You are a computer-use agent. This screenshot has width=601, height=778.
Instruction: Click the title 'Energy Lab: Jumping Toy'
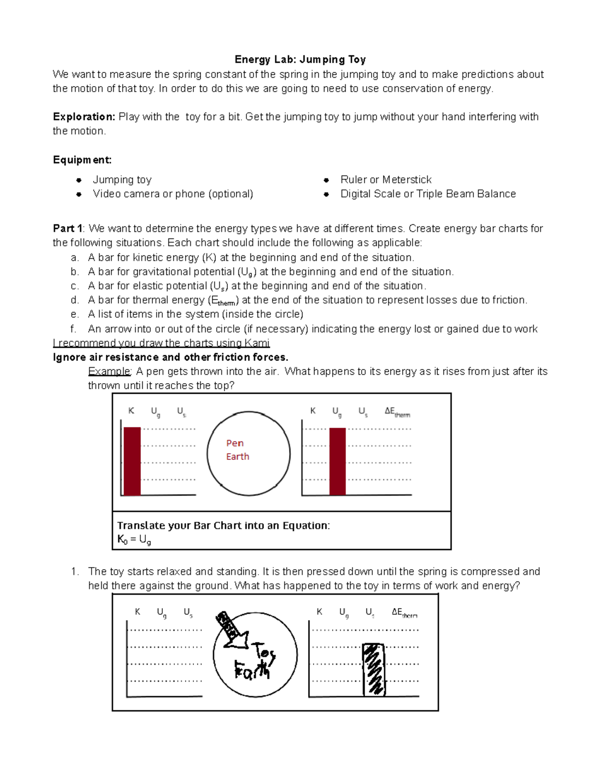pos(300,60)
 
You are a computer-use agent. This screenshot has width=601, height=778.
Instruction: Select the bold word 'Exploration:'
pos(84,117)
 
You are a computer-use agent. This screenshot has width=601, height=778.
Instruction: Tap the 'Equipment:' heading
pos(82,160)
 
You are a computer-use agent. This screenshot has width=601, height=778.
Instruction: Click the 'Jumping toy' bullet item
pos(122,180)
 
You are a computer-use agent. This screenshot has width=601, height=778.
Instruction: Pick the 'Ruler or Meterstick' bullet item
pos(386,180)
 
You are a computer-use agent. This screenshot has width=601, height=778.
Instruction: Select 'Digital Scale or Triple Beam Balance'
pos(428,194)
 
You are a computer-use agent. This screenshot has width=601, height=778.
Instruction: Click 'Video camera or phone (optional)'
pos(173,194)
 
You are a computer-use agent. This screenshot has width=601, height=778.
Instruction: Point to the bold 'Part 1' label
pos(68,228)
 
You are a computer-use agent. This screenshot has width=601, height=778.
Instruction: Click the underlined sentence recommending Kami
pos(161,343)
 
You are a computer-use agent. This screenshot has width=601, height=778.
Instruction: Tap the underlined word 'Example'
pos(109,371)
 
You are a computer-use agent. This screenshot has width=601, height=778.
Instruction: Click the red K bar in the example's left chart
pos(132,461)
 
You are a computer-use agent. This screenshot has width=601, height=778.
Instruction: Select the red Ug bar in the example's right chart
pos(338,461)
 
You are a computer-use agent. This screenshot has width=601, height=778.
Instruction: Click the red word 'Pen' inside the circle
pos(235,443)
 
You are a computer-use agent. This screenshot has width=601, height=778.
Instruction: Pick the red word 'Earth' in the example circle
pos(237,456)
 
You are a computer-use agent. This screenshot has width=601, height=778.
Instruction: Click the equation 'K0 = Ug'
pos(134,540)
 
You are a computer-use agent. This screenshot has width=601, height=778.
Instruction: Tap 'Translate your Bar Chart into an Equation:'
pos(223,526)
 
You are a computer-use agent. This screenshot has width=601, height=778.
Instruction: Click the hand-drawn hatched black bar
pos(373,670)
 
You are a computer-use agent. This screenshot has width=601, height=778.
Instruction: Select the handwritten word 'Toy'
pos(264,653)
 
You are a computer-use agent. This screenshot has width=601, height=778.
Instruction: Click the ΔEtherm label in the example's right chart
pos(397,412)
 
